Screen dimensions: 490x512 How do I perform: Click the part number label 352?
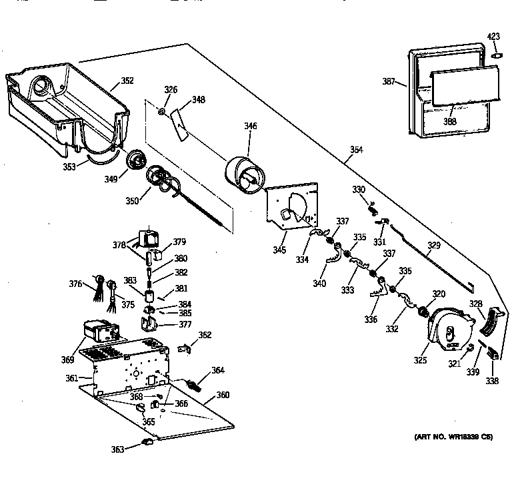point(127,81)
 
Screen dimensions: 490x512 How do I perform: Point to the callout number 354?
point(356,150)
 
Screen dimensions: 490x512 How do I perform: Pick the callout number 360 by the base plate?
point(223,395)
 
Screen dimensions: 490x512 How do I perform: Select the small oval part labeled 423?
point(494,58)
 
